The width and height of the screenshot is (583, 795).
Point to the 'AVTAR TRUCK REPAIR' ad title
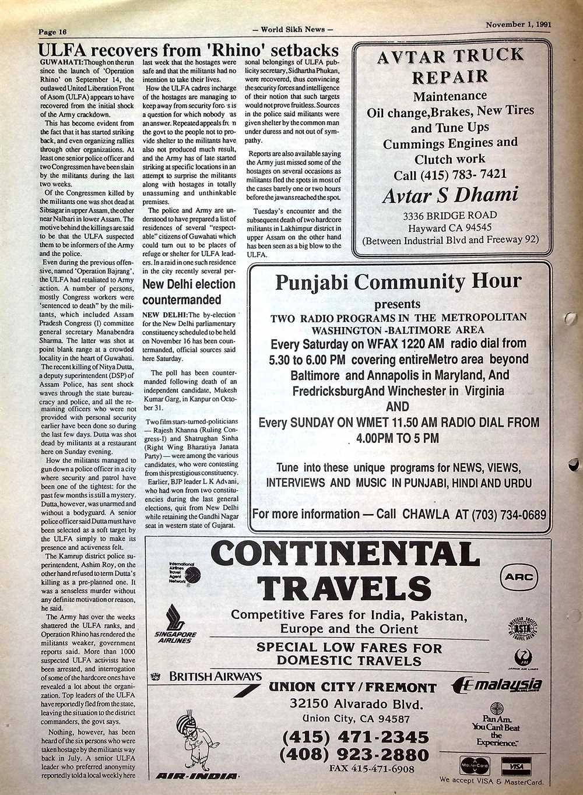pos(450,65)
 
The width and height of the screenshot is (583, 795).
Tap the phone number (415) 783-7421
pos(449,175)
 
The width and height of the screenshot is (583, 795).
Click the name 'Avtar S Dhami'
pos(450,195)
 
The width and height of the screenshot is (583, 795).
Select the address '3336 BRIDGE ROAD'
pos(449,215)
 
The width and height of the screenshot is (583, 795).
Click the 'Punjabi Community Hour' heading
pos(398,282)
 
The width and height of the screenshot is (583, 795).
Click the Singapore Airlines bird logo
pos(174,618)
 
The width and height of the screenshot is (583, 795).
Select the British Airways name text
pos(215,677)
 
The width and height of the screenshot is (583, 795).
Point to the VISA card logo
pos(515,765)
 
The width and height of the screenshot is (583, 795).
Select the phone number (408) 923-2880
pos(354,755)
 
